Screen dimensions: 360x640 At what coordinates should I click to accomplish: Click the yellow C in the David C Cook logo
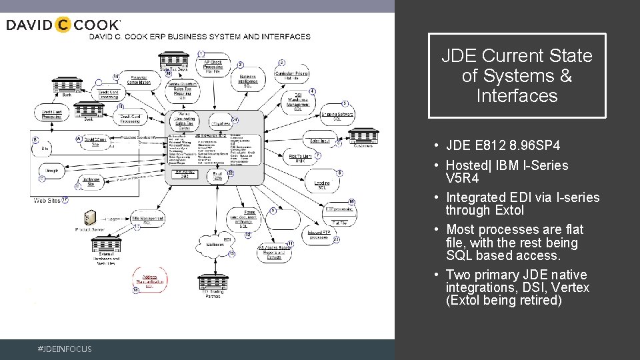tap(62, 25)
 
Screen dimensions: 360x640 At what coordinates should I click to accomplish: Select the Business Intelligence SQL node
tap(247, 81)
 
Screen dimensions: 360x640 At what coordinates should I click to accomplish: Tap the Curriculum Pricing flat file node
tap(291, 75)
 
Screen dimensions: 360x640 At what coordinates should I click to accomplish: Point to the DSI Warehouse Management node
tap(298, 100)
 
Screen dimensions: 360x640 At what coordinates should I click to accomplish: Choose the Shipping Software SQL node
tap(337, 115)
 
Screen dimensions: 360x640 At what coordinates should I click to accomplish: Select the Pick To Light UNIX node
tap(302, 158)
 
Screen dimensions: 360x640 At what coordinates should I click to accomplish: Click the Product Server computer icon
tap(91, 219)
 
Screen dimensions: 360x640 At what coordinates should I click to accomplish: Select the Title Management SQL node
tap(148, 220)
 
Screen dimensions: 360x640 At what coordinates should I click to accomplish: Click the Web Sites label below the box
tap(48, 200)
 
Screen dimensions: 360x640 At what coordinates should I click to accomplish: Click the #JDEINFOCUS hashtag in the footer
tap(65, 349)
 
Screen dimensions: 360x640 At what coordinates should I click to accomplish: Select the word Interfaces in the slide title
tap(517, 96)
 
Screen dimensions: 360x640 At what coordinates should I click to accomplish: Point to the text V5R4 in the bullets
tap(462, 178)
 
